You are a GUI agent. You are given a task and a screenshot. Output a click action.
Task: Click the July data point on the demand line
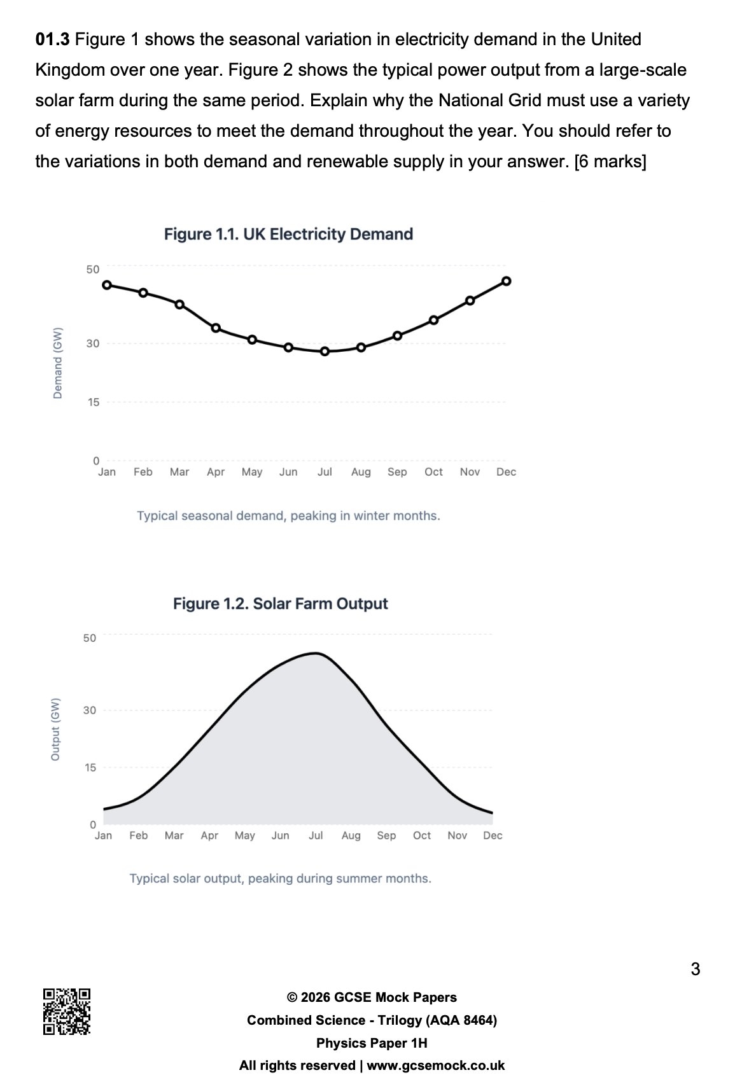pos(325,351)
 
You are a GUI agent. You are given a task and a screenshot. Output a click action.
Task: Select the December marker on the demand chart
pos(507,281)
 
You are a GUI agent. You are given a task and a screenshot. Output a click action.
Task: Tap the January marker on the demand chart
pos(107,285)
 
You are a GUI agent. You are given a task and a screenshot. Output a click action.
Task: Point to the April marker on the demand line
pos(216,328)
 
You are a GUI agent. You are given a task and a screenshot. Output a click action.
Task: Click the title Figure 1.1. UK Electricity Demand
pos(288,234)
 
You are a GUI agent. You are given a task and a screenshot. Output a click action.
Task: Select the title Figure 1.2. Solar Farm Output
pos(280,603)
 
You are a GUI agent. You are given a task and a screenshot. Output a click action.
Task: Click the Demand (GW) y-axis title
pos(58,363)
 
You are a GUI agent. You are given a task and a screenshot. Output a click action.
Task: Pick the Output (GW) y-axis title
pos(55,729)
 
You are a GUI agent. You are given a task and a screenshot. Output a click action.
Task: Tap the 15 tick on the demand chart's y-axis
pos(93,402)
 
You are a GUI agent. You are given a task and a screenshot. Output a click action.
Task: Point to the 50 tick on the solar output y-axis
pos(89,637)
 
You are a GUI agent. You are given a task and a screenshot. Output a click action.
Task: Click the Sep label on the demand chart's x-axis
pos(397,472)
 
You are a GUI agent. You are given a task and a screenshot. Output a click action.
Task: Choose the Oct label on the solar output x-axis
pos(422,835)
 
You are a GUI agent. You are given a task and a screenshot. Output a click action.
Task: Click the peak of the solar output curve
pos(316,653)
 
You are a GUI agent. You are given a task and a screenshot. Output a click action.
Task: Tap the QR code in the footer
pos(67,1011)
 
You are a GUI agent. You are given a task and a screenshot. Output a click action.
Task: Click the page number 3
pos(695,969)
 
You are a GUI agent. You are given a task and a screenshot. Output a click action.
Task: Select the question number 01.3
pos(53,39)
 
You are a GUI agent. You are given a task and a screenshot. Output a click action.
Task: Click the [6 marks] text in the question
pos(610,162)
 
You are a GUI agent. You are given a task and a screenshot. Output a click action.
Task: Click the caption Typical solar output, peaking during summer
pos(280,878)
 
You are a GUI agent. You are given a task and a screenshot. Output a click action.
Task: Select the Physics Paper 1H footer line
pos(372,1043)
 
